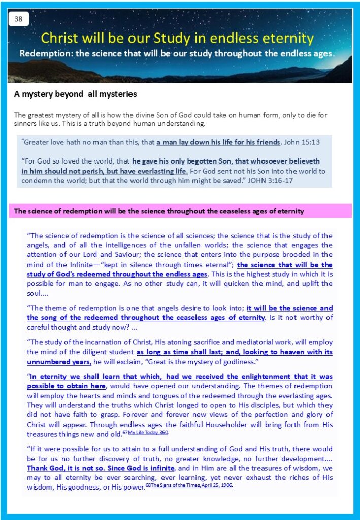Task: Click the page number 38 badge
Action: click(x=19, y=19)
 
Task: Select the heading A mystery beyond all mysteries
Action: click(x=75, y=94)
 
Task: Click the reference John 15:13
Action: click(x=301, y=142)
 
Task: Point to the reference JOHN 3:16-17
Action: click(x=264, y=180)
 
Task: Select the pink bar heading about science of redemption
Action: click(x=159, y=211)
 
